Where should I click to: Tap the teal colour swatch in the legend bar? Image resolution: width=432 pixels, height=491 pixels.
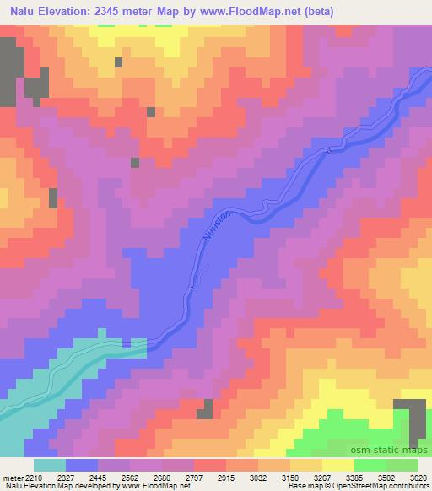point(49,465)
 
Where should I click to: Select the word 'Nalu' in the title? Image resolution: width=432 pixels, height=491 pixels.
point(25,12)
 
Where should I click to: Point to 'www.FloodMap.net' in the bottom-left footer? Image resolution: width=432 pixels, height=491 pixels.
point(159,486)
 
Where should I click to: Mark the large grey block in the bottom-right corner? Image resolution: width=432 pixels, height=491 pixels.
point(413,418)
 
